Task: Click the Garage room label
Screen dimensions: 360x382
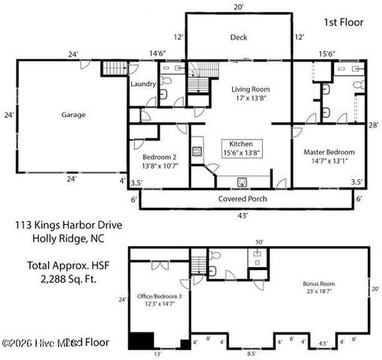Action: (x=73, y=115)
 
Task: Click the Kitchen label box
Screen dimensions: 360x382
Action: (x=240, y=148)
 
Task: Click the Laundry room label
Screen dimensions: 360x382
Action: (x=142, y=84)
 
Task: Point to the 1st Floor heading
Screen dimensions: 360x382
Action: (x=343, y=22)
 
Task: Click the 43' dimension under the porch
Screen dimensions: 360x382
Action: (x=243, y=215)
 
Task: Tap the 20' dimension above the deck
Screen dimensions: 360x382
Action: (x=239, y=7)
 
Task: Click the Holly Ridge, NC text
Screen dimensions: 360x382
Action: (x=64, y=239)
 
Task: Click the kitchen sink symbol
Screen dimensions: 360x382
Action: (x=242, y=181)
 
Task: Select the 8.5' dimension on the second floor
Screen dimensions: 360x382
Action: (x=252, y=352)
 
